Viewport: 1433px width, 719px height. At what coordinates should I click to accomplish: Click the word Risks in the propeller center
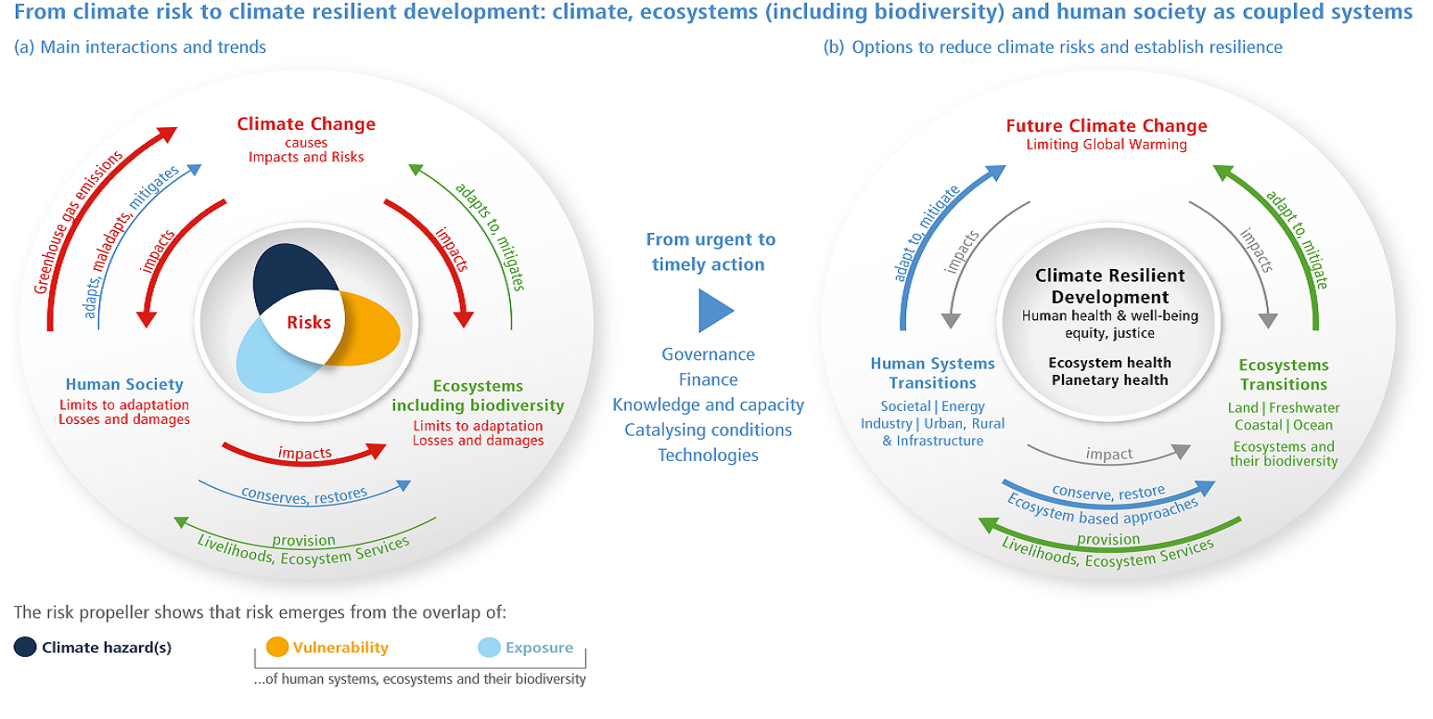309,323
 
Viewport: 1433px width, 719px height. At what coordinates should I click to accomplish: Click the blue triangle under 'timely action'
713,310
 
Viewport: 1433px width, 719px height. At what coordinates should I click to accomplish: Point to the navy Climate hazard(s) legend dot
25,648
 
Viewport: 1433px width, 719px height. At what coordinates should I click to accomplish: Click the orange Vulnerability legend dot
275,648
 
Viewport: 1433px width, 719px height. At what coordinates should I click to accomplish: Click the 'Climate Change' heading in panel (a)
306,124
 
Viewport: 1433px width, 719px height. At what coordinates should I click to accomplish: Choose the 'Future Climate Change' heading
1107,125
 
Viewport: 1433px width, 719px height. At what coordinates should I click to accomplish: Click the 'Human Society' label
124,384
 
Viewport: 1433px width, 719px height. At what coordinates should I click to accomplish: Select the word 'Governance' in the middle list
708,354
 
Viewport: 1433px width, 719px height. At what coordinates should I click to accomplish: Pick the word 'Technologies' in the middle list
708,455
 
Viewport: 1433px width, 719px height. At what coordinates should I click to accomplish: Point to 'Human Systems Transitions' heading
932,373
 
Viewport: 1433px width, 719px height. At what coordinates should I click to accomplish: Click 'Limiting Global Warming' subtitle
1107,145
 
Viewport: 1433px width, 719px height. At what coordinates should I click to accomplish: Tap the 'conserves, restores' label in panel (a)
304,493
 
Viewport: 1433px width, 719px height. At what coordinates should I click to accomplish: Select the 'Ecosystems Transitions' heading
1283,375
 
